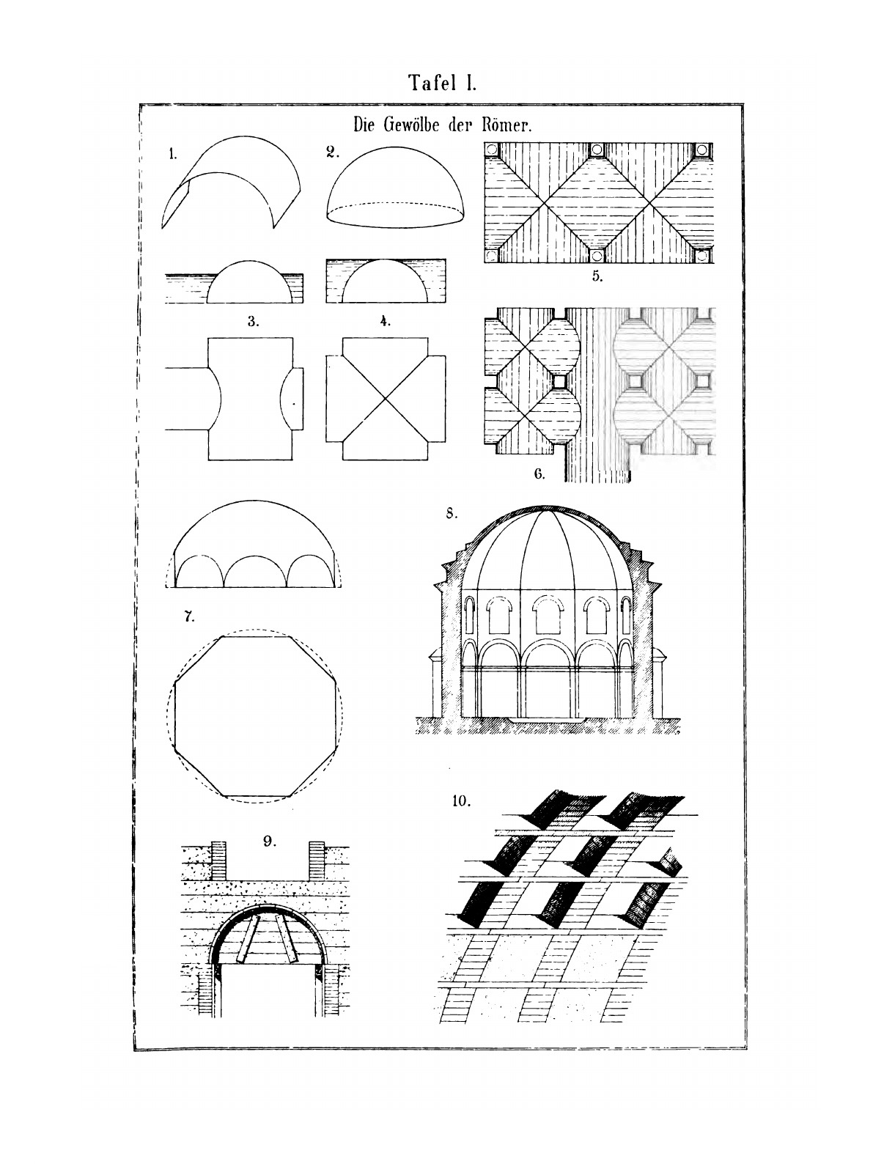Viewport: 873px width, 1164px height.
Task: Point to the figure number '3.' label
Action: [252, 320]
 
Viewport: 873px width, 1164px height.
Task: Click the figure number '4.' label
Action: [385, 320]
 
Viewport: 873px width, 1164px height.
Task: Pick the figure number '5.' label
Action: [597, 277]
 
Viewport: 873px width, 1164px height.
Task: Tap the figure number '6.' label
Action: [539, 474]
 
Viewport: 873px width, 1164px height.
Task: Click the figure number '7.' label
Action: [189, 616]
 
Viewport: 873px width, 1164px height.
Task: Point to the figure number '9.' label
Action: [270, 841]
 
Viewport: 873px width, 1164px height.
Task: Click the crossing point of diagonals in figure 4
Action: [385, 398]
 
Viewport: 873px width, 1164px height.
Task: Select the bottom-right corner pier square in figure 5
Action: [702, 255]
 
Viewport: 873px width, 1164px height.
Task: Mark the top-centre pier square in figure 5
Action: [597, 150]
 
